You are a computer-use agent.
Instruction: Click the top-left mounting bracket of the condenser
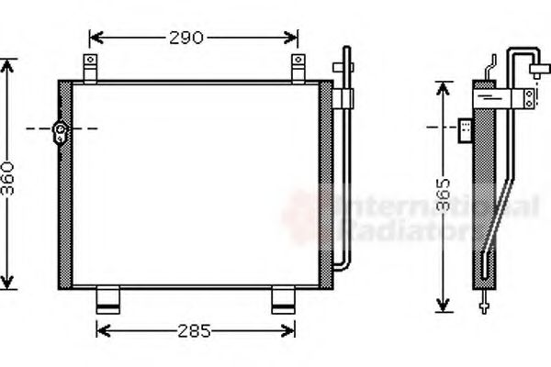[x=90, y=67]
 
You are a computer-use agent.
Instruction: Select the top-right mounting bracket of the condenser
[x=298, y=67]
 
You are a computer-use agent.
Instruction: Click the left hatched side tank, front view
[x=65, y=183]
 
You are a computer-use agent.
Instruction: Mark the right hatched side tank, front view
[x=322, y=183]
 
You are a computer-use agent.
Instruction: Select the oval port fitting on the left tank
[x=62, y=132]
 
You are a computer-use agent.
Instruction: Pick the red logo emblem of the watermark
[x=308, y=216]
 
